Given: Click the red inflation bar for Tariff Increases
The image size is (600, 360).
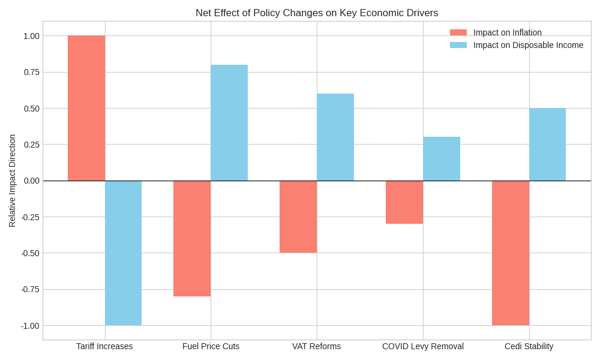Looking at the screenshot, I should coord(86,108).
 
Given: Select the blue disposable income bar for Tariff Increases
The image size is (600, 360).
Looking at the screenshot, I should coord(124,253).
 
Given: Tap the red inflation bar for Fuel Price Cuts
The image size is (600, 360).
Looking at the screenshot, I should coord(192,238).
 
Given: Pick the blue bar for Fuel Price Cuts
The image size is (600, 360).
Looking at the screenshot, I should coord(229,122).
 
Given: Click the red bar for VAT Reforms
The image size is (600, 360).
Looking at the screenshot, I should coord(298,217).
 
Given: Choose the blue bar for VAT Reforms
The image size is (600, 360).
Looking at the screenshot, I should coord(335,137).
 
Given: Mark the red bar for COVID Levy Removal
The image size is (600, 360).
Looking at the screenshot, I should coord(404,202).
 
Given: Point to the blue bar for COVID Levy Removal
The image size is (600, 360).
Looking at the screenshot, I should coord(442,158).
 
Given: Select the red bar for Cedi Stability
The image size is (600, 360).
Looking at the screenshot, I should coord(511,253).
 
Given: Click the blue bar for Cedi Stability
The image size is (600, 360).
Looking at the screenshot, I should coord(547,144).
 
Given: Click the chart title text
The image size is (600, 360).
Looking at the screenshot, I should coord(317,13).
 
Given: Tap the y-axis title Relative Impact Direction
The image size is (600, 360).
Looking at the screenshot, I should coord(12,181).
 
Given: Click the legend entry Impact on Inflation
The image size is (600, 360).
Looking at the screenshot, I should coord(507,32).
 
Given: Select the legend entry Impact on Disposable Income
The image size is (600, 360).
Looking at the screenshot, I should coord(528,45).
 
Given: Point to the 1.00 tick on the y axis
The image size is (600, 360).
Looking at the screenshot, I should coord(31,36).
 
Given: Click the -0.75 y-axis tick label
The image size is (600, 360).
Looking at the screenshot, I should coord(30,289).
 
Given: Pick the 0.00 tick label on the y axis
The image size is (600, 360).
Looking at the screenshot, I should coord(31,181).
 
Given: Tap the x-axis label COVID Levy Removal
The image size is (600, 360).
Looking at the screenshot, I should coord(423,346).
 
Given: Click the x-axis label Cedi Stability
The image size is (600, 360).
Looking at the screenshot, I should coord(529,346).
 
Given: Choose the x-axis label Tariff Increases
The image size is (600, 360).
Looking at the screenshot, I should coord(104,346).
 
